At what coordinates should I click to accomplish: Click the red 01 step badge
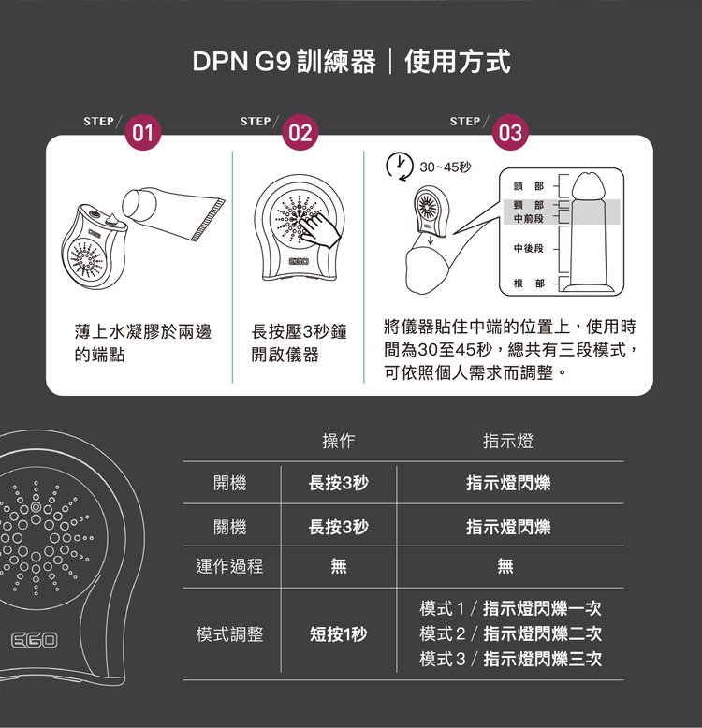142,133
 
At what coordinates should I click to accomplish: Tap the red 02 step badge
300,133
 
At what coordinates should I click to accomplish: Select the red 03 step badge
510,133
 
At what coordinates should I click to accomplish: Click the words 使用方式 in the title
458,63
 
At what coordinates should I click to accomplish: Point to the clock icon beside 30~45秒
401,165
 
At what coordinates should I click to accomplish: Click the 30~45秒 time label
446,167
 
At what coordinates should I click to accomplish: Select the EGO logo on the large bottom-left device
35,640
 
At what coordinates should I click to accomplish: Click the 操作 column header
338,441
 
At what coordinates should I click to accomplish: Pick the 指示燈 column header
507,441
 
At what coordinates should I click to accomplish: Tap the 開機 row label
229,483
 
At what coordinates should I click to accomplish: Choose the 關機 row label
229,527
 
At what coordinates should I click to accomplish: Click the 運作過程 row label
229,565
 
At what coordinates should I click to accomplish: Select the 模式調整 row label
229,633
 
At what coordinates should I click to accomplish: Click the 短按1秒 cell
338,634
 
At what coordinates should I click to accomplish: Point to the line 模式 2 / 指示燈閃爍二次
510,633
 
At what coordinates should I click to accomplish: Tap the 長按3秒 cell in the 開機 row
338,483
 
